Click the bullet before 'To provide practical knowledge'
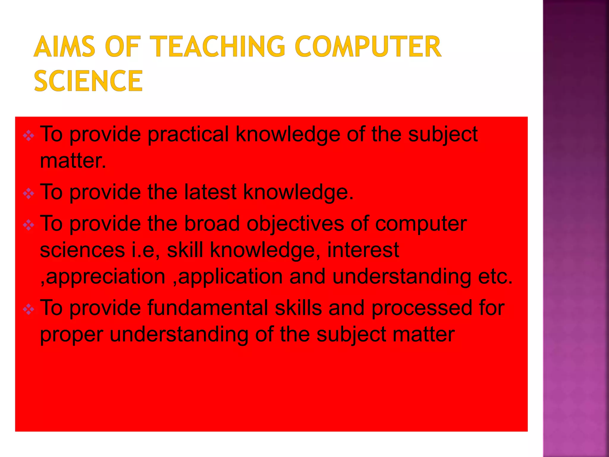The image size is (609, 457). [29, 136]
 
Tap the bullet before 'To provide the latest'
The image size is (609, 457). [29, 194]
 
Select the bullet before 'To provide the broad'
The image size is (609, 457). [29, 225]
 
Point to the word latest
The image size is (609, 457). [210, 192]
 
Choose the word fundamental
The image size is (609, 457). [208, 308]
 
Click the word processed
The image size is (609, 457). [422, 308]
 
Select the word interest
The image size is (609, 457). [363, 250]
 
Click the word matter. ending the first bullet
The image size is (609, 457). [73, 161]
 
